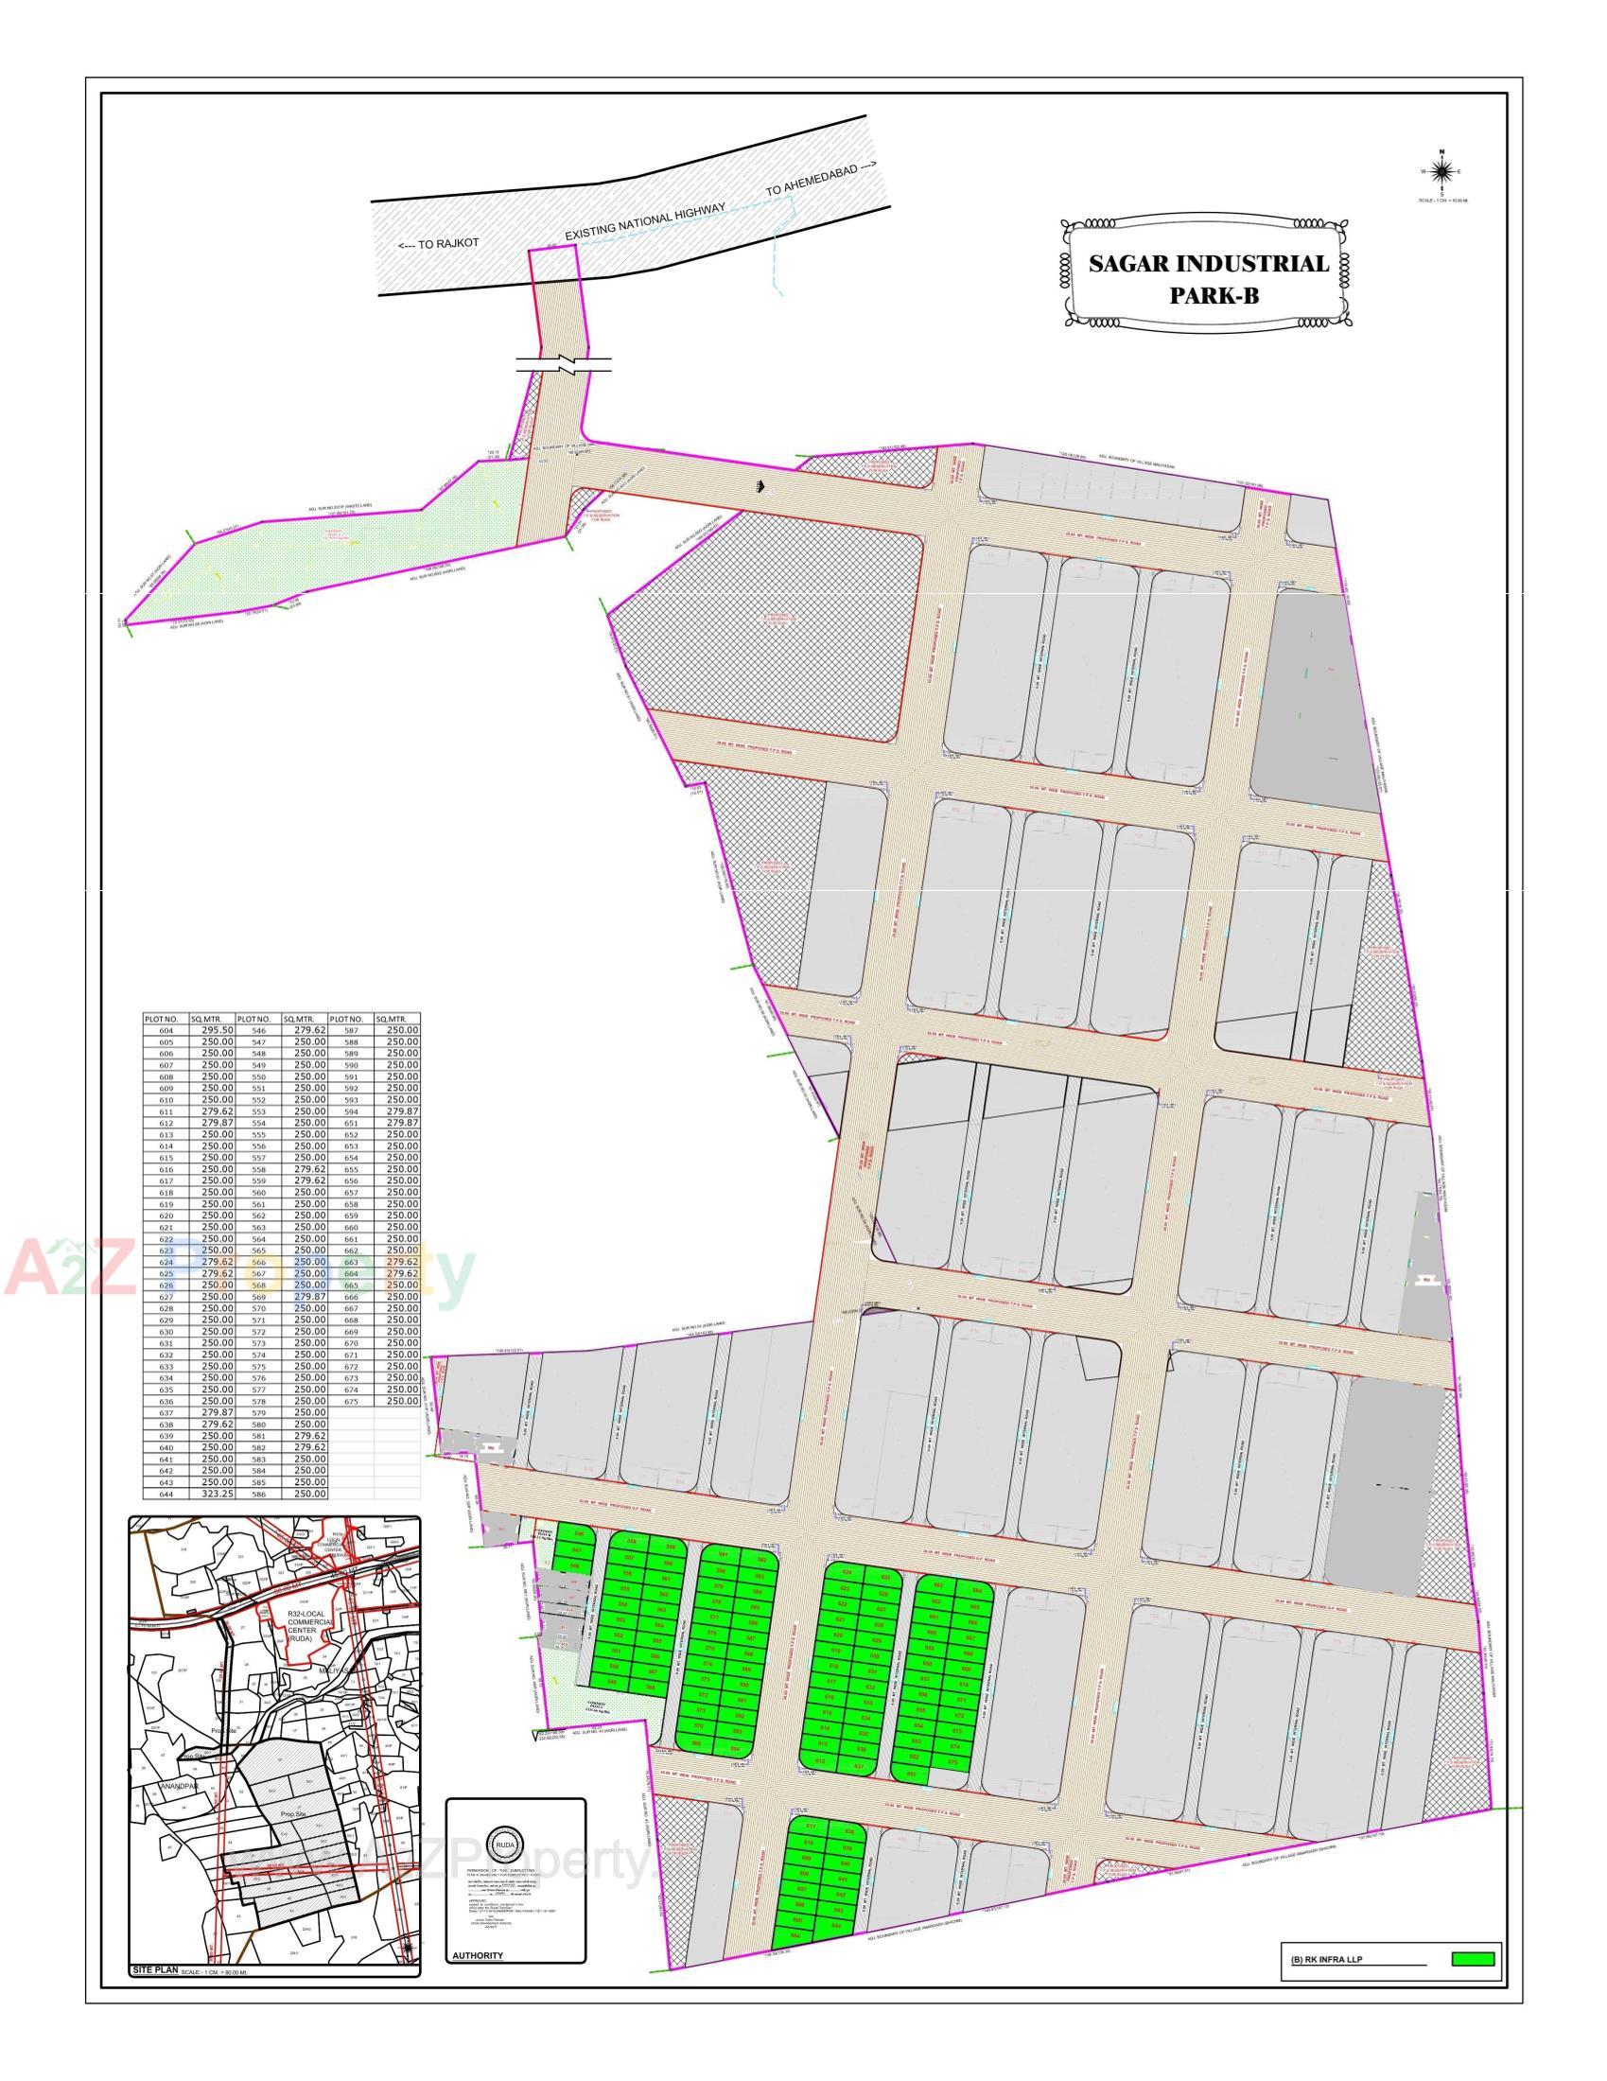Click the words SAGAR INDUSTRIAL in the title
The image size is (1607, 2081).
[1208, 264]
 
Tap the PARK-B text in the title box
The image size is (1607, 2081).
[1214, 295]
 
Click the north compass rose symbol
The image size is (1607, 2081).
[1441, 171]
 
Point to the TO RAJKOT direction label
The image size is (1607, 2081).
[438, 244]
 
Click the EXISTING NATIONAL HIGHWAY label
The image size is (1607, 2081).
[645, 221]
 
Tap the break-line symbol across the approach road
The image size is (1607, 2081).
[564, 363]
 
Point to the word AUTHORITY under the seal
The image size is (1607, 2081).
[478, 1955]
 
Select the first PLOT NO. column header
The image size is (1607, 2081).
[161, 1019]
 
